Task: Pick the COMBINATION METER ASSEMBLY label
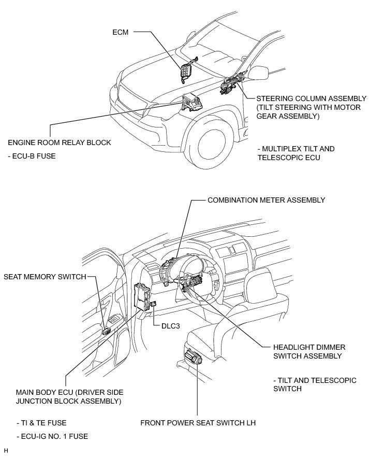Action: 266,199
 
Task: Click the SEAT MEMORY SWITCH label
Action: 45,277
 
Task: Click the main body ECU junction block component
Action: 142,298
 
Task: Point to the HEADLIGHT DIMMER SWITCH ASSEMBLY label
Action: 301,351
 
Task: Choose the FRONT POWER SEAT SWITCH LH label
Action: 198,423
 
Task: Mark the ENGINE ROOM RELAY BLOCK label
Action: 59,142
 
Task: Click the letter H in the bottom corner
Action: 6,451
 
